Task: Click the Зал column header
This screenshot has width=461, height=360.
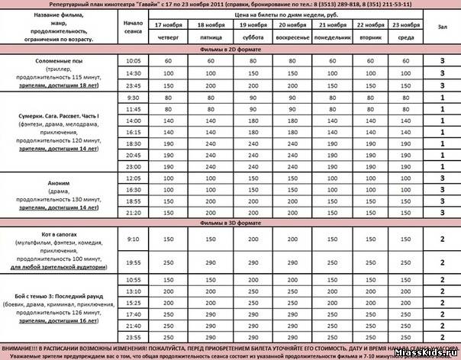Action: (442, 25)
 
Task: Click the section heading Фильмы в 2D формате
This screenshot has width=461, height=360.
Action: (230, 48)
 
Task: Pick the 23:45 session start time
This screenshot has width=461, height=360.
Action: (133, 86)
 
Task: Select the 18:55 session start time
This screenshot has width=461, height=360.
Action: (133, 200)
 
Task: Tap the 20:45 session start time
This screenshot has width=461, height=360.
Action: (133, 154)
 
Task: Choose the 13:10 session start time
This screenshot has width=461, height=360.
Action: (133, 291)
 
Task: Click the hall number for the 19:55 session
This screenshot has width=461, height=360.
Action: (442, 262)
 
